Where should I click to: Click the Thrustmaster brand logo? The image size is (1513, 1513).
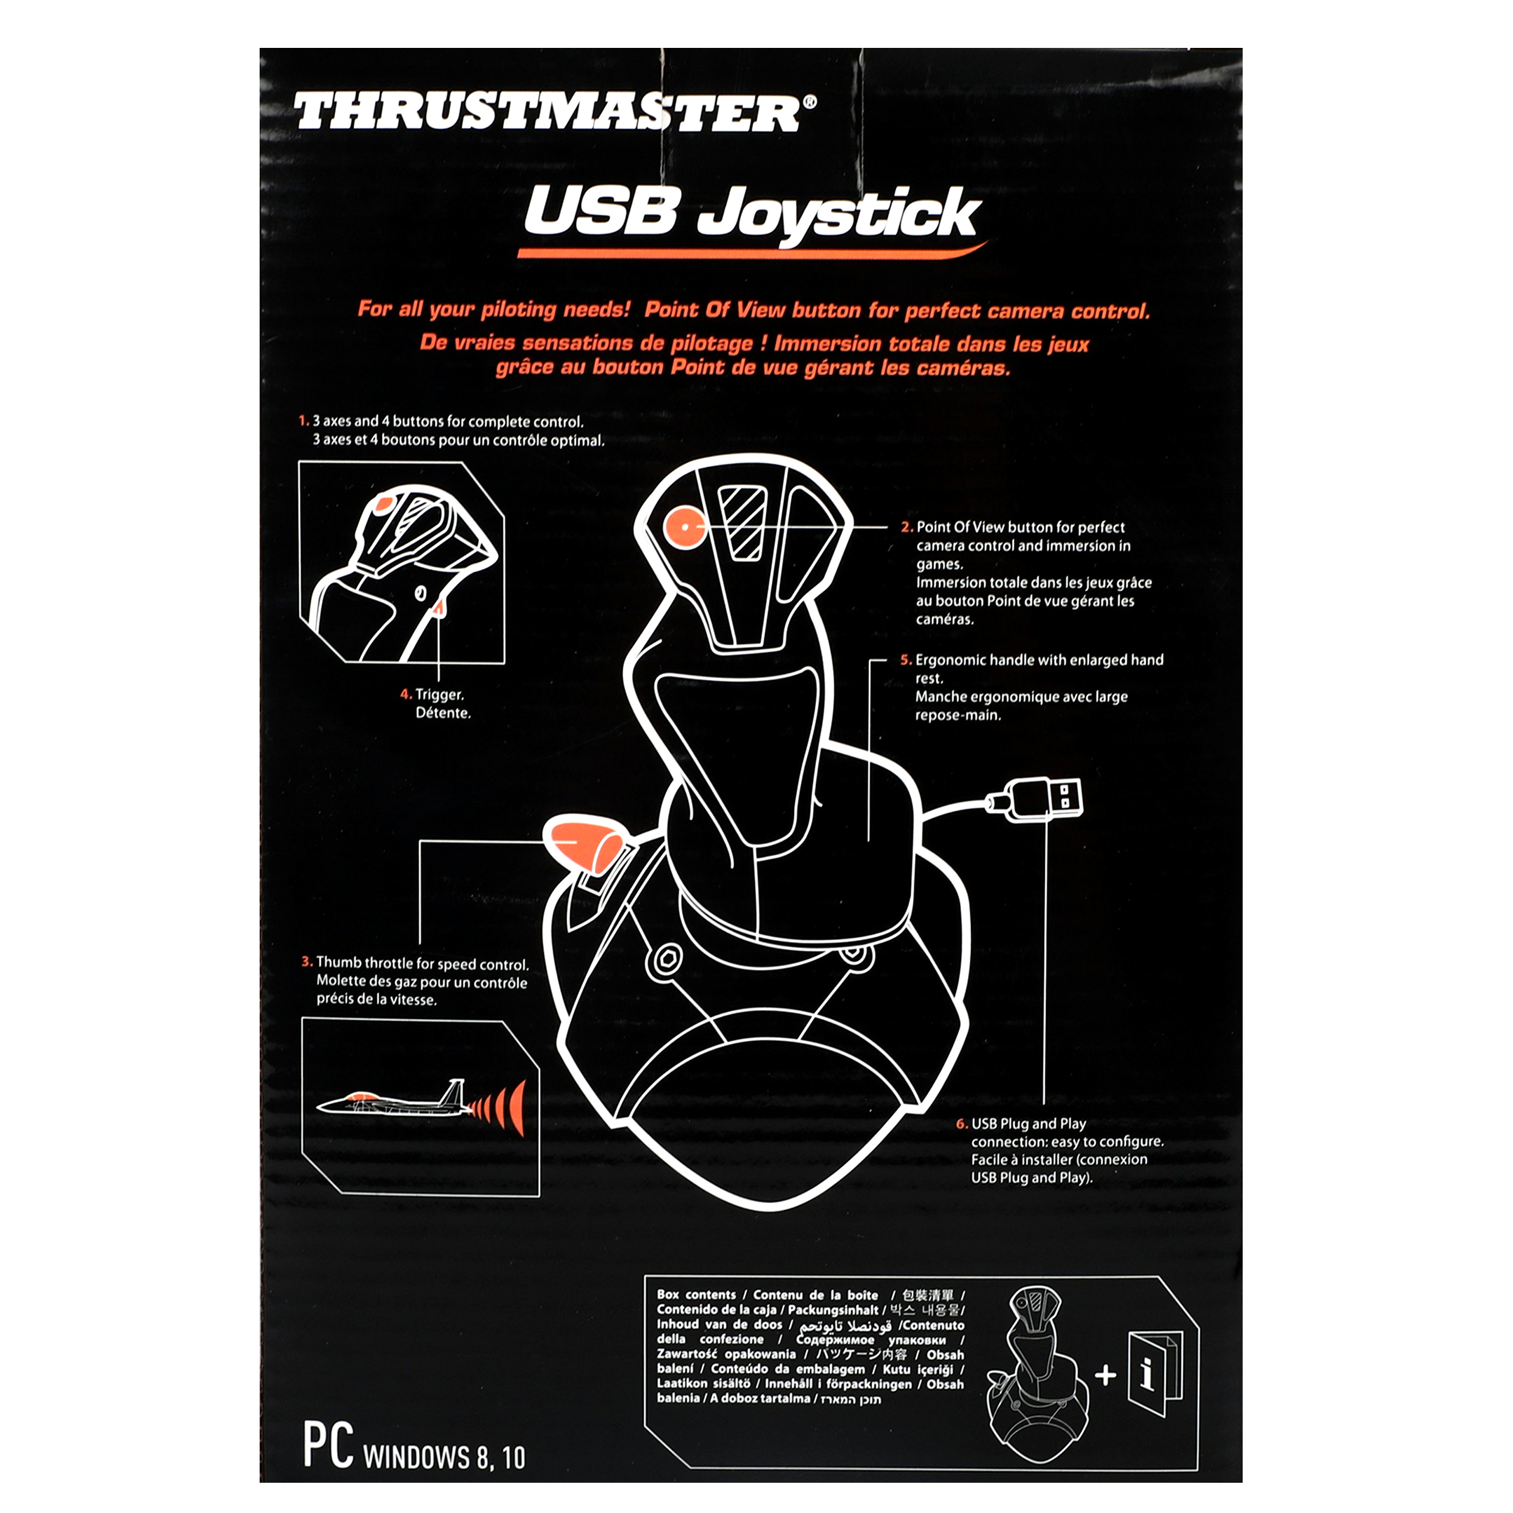[x=555, y=112]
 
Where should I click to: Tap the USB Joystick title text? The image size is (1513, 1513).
[x=752, y=213]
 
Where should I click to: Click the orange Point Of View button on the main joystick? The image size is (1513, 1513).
[x=684, y=527]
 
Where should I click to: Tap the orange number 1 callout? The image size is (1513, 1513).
[x=304, y=422]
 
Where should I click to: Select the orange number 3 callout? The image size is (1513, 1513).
[x=307, y=962]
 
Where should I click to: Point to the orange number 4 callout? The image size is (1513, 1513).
[x=406, y=694]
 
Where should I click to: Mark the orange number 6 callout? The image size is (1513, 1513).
[x=962, y=1124]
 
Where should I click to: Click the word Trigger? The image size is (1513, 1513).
[x=439, y=694]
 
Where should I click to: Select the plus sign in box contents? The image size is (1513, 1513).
[x=1105, y=1374]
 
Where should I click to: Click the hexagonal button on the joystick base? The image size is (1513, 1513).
[x=667, y=958]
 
